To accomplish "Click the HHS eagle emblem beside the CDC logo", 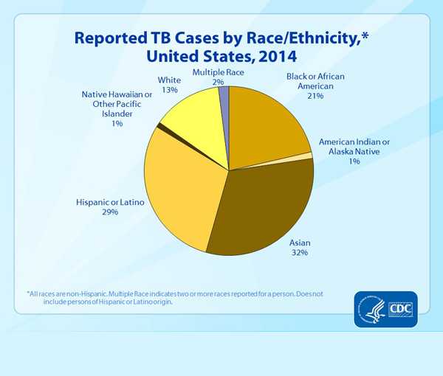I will point(369,307).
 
